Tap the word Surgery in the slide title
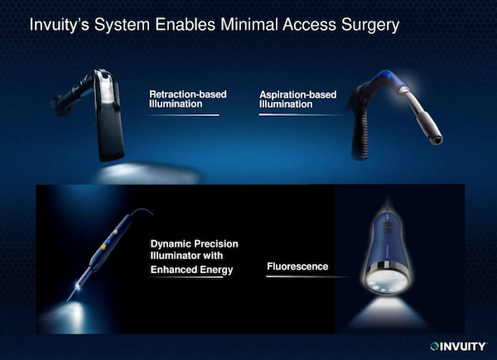(370, 26)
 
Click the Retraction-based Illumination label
(188, 99)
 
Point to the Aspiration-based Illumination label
(297, 99)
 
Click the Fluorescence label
(297, 266)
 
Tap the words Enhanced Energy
(191, 270)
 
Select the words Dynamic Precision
(194, 244)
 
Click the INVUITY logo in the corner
(458, 347)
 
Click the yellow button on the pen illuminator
(104, 246)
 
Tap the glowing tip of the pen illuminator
(77, 286)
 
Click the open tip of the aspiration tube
(437, 139)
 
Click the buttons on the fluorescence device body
(387, 228)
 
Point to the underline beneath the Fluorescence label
(307, 276)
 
